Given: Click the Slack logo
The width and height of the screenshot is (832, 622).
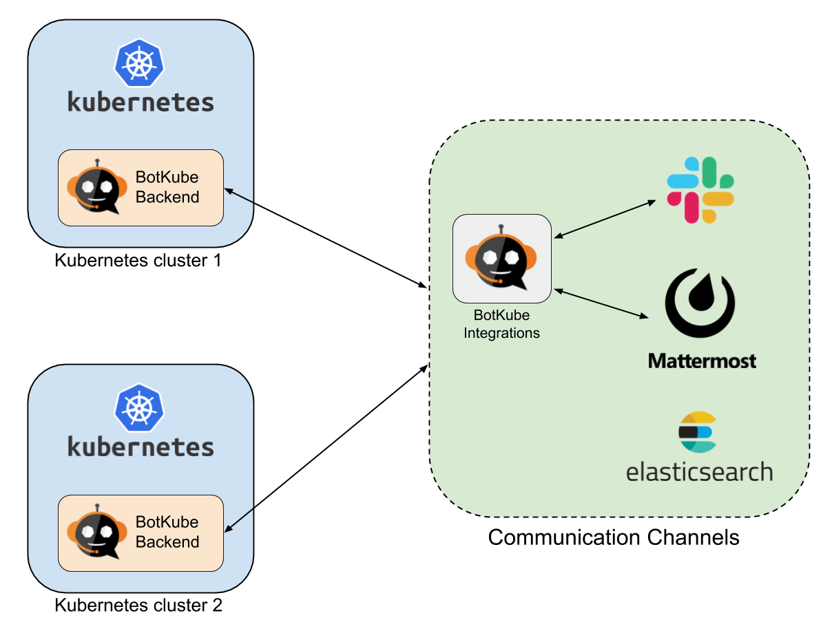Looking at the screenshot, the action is [700, 190].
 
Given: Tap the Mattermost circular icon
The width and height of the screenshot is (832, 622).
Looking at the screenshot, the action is [700, 303].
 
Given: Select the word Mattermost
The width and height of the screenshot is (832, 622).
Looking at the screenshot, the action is [702, 361].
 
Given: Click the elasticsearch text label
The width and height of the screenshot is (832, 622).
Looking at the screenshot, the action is [699, 472].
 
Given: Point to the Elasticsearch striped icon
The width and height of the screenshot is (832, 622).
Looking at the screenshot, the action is [697, 432].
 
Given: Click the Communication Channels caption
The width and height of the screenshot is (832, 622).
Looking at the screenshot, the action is [613, 537].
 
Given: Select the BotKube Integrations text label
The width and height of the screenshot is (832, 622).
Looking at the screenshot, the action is [501, 324].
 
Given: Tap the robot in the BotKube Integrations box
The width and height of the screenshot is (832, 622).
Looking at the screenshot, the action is [501, 257].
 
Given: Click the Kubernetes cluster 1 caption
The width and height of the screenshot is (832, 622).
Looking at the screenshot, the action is [138, 261].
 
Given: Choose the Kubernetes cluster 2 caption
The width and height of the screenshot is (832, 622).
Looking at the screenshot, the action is [138, 605].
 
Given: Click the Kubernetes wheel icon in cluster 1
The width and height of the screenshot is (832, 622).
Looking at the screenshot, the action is [139, 63].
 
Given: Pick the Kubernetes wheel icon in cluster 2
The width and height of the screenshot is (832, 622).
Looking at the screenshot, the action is [139, 408].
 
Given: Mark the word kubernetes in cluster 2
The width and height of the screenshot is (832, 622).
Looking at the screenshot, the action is [141, 447].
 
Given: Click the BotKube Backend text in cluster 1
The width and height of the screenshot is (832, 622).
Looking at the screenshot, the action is [167, 187].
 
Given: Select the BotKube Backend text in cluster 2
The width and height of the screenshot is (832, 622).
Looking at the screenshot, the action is [167, 532].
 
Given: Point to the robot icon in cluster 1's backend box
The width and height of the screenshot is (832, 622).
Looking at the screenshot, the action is [97, 186].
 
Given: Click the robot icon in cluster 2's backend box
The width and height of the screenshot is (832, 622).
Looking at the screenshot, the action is [97, 531].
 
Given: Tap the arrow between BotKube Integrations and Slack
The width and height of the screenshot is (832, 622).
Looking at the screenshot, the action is [605, 219].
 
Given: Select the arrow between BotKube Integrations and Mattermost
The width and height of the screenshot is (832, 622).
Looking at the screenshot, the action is [601, 303].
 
